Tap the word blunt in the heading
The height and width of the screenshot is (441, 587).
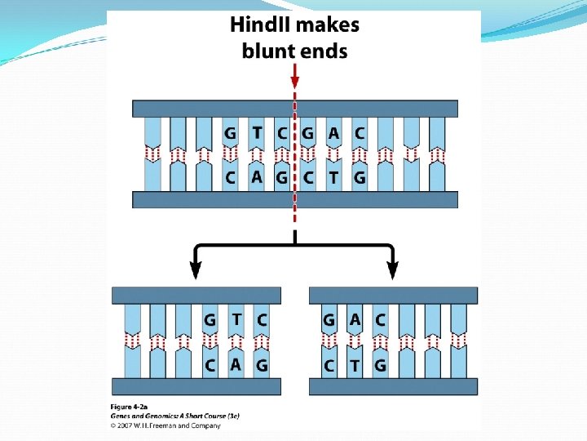click(269, 51)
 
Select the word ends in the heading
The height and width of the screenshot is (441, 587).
click(324, 51)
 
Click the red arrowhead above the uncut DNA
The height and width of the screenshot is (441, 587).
click(294, 82)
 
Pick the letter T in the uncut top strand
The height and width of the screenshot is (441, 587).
click(257, 132)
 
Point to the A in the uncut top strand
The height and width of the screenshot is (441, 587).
click(333, 132)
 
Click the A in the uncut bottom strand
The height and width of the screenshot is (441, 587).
click(257, 176)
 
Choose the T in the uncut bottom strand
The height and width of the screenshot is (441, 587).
click(333, 176)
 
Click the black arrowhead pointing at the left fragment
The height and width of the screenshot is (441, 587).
click(196, 270)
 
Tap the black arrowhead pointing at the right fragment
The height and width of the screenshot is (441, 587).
click(393, 270)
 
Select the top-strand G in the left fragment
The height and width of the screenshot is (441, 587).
click(210, 320)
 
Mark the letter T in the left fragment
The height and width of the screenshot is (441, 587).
click(236, 319)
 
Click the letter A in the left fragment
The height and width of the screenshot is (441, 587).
click(236, 364)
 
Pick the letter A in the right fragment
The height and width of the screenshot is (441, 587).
click(355, 319)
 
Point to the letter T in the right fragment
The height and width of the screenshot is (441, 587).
click(355, 365)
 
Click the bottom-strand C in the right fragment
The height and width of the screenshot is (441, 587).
click(329, 365)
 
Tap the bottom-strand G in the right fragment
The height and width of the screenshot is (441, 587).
click(380, 365)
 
